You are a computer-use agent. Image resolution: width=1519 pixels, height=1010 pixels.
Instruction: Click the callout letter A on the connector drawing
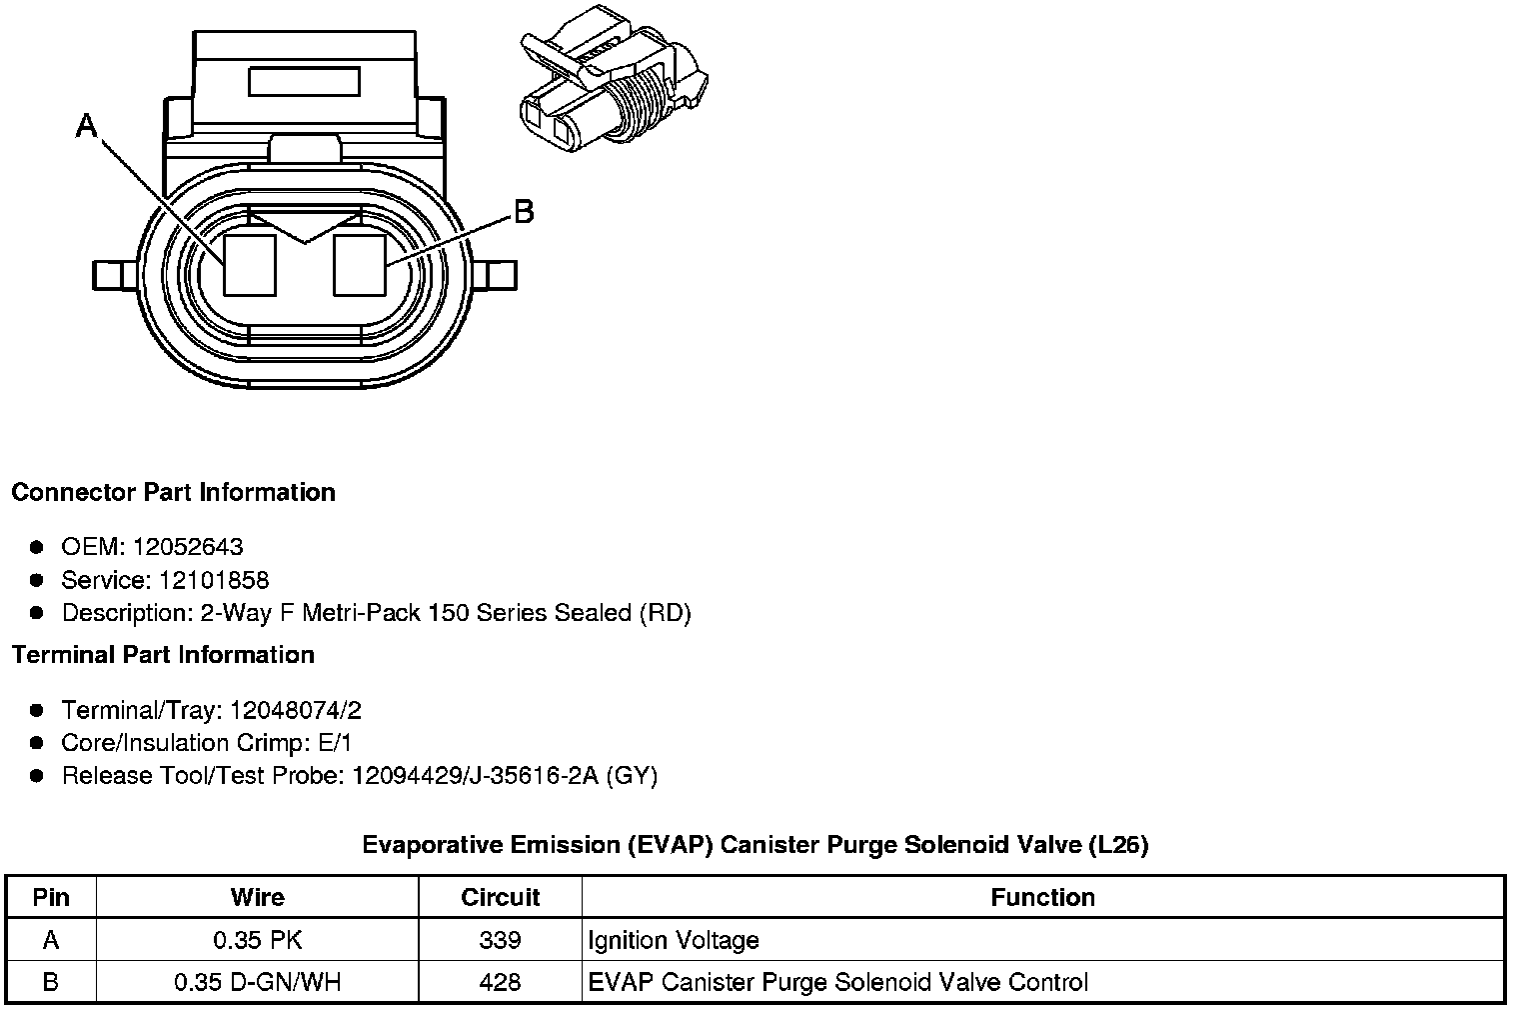tap(87, 126)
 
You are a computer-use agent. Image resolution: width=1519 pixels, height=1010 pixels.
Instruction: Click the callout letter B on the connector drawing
tap(524, 212)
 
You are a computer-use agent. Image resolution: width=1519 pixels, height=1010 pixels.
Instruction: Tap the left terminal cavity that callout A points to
tap(250, 265)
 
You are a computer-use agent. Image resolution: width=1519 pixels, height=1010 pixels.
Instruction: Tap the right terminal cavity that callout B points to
tap(360, 265)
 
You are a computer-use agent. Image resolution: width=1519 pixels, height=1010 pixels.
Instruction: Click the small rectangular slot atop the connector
tap(304, 82)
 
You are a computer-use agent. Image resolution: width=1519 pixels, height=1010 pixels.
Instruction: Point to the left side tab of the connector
tap(115, 276)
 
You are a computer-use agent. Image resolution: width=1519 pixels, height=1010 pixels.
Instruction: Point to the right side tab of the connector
tap(495, 276)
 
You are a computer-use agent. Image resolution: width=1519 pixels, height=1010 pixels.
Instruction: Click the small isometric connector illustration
tap(613, 79)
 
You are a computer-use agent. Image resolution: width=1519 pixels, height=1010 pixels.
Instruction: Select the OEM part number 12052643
tap(188, 546)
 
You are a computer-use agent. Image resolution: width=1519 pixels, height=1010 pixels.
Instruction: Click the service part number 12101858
tap(214, 580)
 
